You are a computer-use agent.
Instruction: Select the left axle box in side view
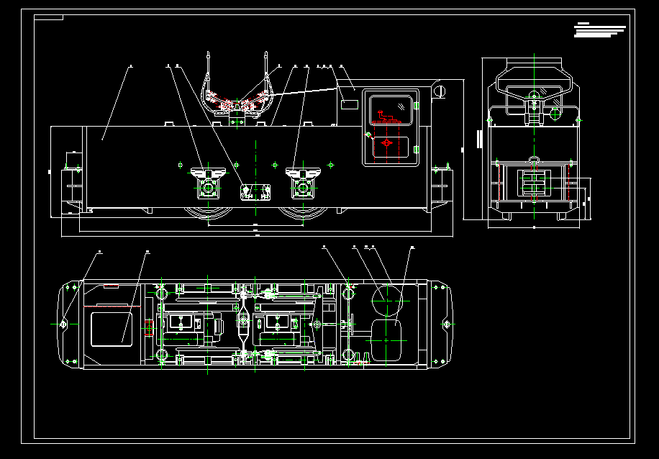tap(209, 183)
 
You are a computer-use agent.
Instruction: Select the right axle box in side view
tap(303, 183)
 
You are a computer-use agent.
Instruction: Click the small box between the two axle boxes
tap(255, 191)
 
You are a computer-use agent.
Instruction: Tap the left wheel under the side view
tap(206, 214)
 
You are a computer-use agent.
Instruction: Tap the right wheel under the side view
tap(302, 214)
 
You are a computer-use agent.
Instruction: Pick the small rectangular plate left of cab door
tap(350, 104)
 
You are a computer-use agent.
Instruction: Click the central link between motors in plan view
tap(243, 323)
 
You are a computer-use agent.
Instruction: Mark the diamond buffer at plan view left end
tap(63, 324)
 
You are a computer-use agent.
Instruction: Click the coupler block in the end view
tap(533, 183)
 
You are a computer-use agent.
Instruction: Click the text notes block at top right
tap(600, 30)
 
